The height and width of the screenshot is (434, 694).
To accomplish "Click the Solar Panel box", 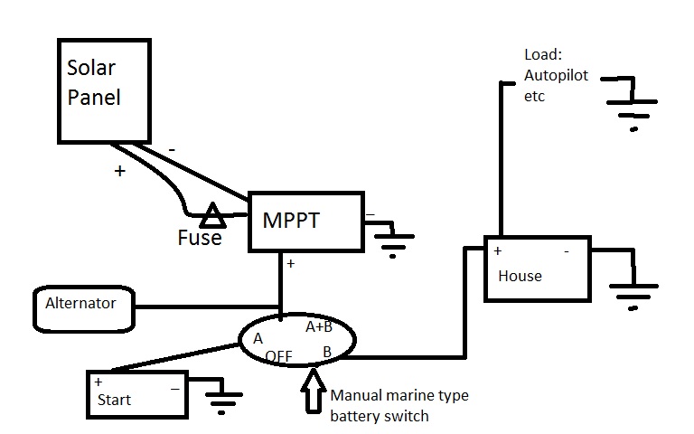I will (103, 90).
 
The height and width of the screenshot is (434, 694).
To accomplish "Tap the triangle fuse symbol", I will (213, 216).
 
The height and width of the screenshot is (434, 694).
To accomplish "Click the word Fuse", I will (200, 239).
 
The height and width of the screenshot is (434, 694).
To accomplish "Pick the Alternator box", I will (83, 306).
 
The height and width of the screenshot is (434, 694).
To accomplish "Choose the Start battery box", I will (136, 393).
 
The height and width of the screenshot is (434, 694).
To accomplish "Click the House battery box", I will (537, 269).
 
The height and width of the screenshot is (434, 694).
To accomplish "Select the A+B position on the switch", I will (318, 326).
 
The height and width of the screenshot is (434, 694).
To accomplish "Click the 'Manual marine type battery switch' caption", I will (399, 406).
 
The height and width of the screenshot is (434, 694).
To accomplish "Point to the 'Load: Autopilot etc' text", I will (554, 75).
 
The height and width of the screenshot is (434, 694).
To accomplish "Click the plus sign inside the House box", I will (497, 250).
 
